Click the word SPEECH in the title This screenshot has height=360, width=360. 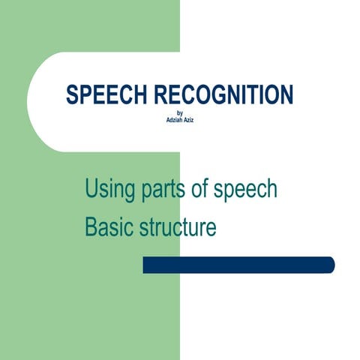107,95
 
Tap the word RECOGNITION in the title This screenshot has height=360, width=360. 223,95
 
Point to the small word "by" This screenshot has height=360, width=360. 179,113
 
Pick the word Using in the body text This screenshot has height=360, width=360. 109,189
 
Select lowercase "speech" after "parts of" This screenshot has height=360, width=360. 245,190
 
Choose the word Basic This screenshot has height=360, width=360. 108,226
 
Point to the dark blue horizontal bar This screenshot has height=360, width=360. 238,265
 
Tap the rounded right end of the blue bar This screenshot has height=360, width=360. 330,265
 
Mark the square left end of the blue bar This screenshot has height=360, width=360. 145,265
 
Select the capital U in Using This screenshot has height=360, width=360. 91,189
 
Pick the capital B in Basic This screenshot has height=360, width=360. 91,226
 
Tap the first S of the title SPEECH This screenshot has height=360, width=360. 72,95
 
